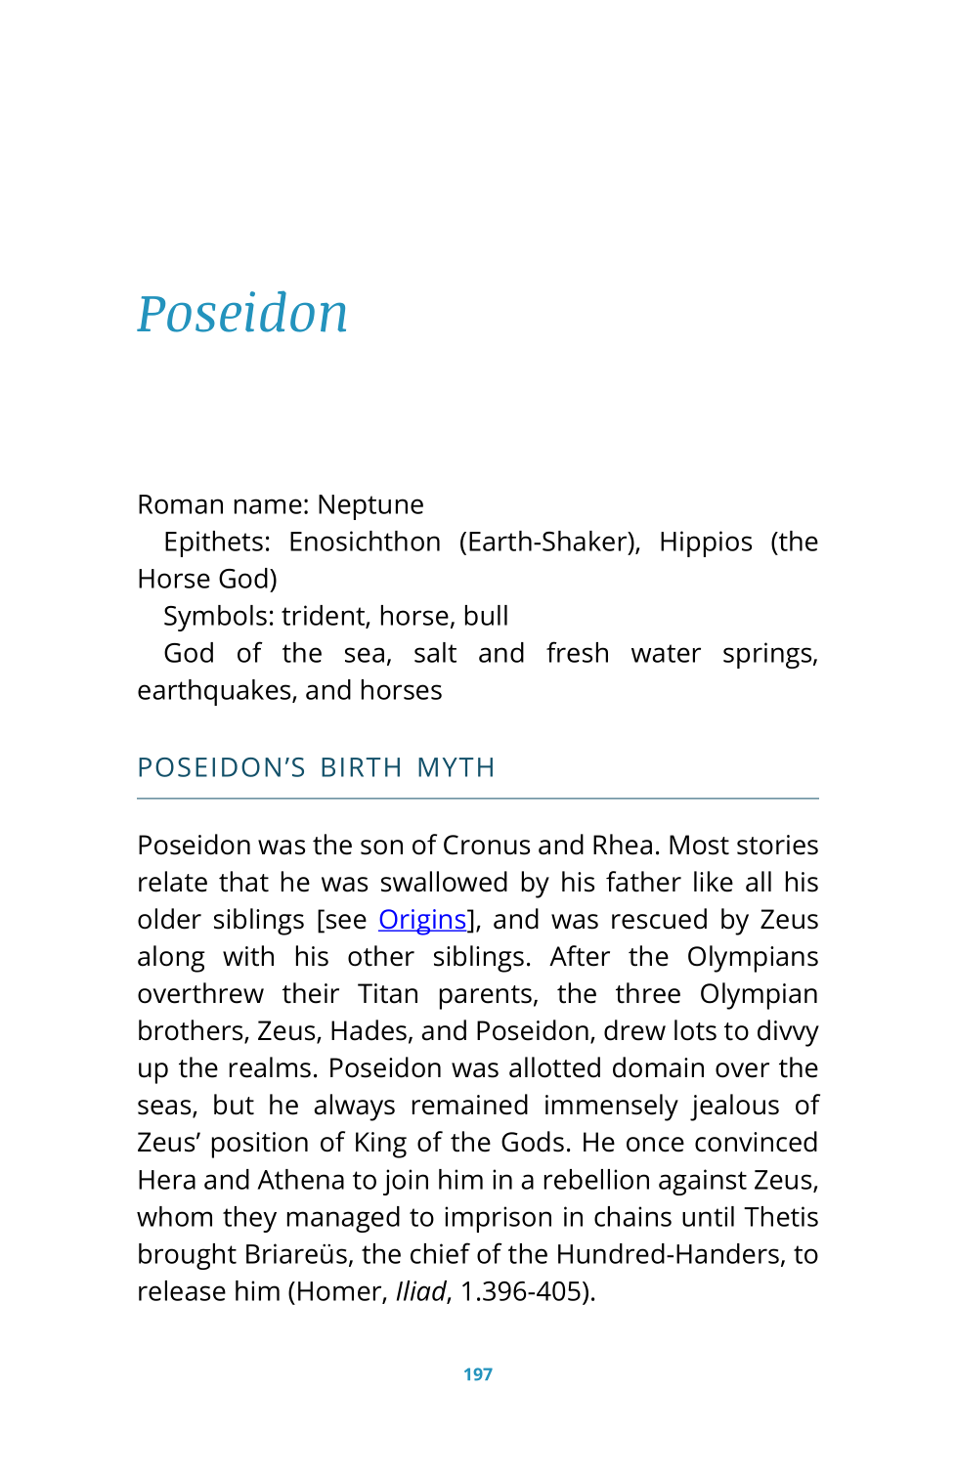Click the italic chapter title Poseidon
click(242, 314)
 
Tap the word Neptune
click(370, 504)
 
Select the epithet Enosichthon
click(365, 542)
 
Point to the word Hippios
click(706, 542)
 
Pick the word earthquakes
click(216, 690)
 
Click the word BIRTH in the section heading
click(361, 768)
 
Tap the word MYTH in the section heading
click(456, 768)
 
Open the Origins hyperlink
click(422, 920)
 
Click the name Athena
click(302, 1180)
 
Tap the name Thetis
click(781, 1217)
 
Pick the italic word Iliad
click(420, 1291)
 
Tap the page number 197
click(478, 1374)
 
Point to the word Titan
click(388, 994)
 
